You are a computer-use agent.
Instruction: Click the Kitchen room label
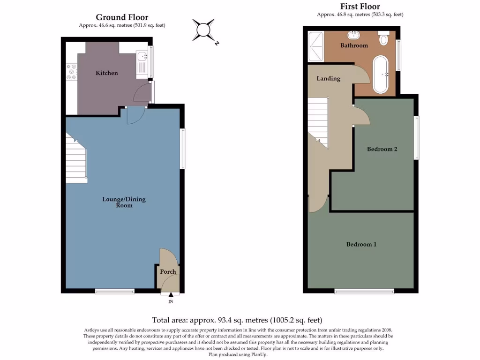pos(107,73)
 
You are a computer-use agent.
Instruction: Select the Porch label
pos(168,272)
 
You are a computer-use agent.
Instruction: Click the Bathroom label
pos(354,45)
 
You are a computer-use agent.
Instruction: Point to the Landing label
pos(328,78)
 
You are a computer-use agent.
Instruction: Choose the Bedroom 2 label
pos(382,150)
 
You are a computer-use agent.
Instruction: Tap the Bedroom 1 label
pos(361,244)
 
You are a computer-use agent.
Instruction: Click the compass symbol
pos(204,30)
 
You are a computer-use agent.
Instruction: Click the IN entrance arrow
pos(171,295)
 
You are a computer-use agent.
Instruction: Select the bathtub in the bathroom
pos(380,75)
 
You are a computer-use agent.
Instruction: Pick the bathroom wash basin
pos(353,35)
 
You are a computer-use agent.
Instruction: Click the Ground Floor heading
pos(122,18)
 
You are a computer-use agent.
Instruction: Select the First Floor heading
pos(360,7)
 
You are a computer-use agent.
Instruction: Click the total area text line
pos(237,321)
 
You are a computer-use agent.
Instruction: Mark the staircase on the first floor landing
pos(319,122)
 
